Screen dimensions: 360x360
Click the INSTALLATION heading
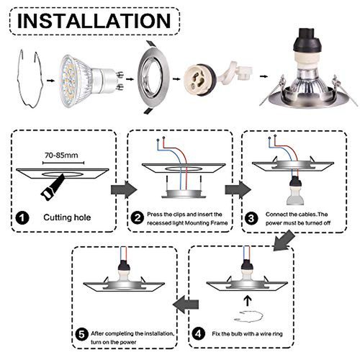pyautogui.click(x=94, y=21)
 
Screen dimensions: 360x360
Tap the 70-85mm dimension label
pyautogui.click(x=61, y=156)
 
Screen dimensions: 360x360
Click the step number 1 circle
pyautogui.click(x=22, y=218)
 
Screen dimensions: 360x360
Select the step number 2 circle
pyautogui.click(x=138, y=218)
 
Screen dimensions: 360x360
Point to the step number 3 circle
pyautogui.click(x=251, y=218)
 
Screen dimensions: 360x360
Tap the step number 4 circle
pyautogui.click(x=199, y=333)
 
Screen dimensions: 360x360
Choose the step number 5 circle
pyautogui.click(x=81, y=334)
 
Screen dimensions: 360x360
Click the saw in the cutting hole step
pyautogui.click(x=53, y=187)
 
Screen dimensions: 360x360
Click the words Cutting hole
pyautogui.click(x=67, y=217)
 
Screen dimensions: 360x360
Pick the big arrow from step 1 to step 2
pyautogui.click(x=124, y=189)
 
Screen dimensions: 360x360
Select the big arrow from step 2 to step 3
pyautogui.click(x=238, y=189)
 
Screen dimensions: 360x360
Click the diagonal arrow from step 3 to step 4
pyautogui.click(x=284, y=240)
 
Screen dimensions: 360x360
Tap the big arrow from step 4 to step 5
pyautogui.click(x=186, y=305)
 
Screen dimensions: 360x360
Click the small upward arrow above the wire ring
pyautogui.click(x=248, y=301)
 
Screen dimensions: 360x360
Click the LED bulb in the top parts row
pyautogui.click(x=91, y=81)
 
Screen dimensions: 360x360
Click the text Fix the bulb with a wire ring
pyautogui.click(x=247, y=334)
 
